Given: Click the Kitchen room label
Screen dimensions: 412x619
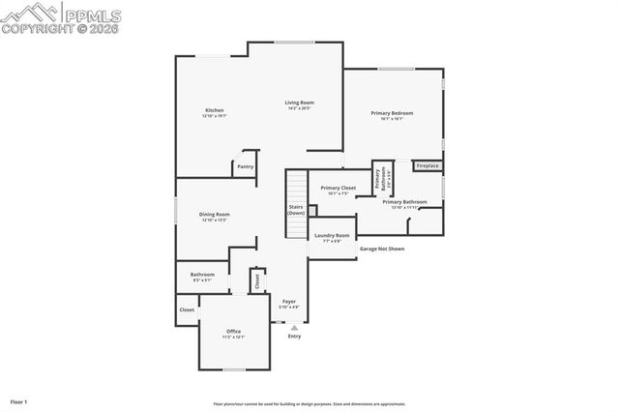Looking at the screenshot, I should [x=215, y=110].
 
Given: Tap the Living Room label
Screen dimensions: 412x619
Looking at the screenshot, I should [x=299, y=103].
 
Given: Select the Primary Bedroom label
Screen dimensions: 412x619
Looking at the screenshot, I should [x=392, y=113].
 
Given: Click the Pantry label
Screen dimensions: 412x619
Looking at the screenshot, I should [x=246, y=166].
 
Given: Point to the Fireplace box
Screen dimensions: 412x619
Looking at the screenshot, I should [x=427, y=165].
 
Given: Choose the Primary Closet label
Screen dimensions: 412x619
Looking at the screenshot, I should [x=339, y=188].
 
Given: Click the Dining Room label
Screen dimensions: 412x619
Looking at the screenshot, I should [x=215, y=215].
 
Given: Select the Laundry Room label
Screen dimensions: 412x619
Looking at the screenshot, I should [x=332, y=235].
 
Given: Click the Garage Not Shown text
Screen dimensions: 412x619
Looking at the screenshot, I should [x=382, y=249].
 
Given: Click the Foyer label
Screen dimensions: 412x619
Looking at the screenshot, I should [x=289, y=302].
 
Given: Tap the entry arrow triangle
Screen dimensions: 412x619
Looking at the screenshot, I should [x=294, y=327].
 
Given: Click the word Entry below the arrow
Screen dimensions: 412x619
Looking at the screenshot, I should [x=294, y=337].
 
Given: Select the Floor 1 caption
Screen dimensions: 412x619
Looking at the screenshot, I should [x=19, y=400].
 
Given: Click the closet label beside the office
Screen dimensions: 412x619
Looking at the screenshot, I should [x=187, y=309].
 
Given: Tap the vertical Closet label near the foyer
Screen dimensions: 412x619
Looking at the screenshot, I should [x=257, y=280].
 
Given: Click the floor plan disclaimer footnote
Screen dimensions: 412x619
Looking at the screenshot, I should [x=309, y=405].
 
